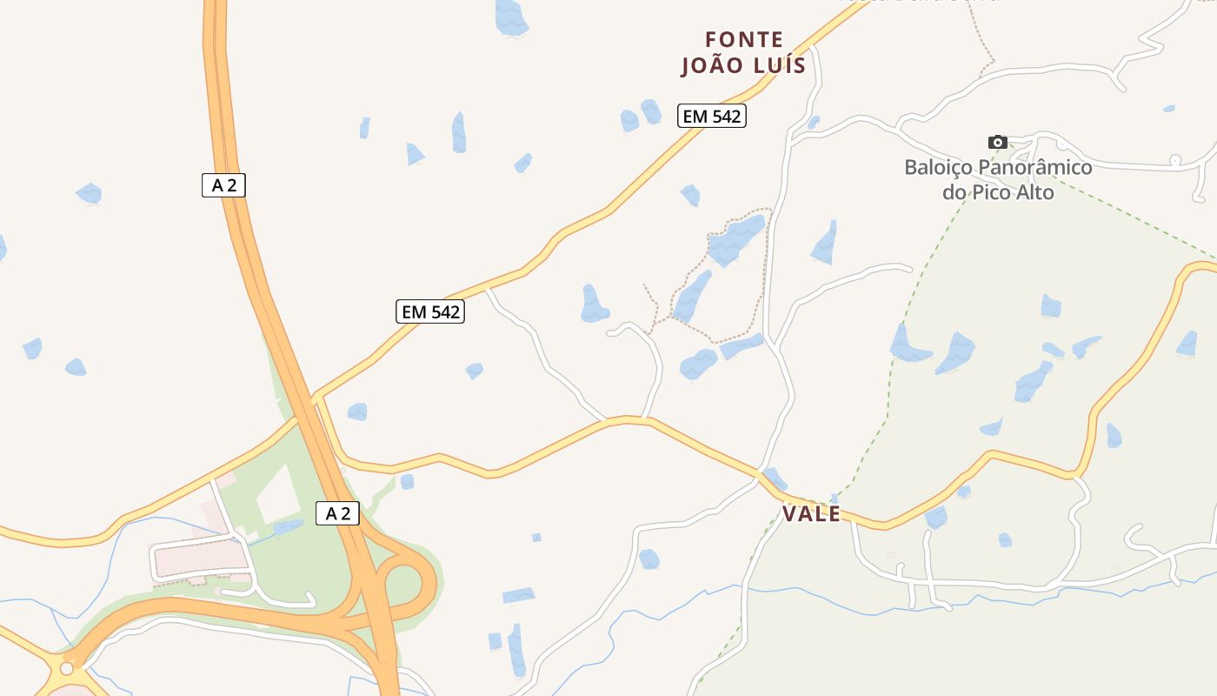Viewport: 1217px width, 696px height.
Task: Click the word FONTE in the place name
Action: [x=744, y=40]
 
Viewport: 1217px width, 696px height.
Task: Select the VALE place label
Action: [x=811, y=514]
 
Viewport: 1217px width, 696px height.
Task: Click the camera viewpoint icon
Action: [x=997, y=142]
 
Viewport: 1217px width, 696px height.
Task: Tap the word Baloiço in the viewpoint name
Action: [x=938, y=167]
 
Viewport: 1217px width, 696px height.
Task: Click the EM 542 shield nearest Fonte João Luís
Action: [x=712, y=116]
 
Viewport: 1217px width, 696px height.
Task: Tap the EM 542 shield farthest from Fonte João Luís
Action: [x=430, y=311]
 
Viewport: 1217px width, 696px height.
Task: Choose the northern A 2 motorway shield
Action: [x=223, y=184]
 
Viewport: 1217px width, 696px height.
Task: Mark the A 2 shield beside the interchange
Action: [x=337, y=513]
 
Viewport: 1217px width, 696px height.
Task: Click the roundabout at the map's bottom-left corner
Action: [x=67, y=668]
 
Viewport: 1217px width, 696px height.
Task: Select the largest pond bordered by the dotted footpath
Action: [x=735, y=239]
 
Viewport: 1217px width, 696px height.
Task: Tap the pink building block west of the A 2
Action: [x=200, y=557]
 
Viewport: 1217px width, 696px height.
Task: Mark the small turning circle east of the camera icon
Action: [x=1174, y=160]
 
